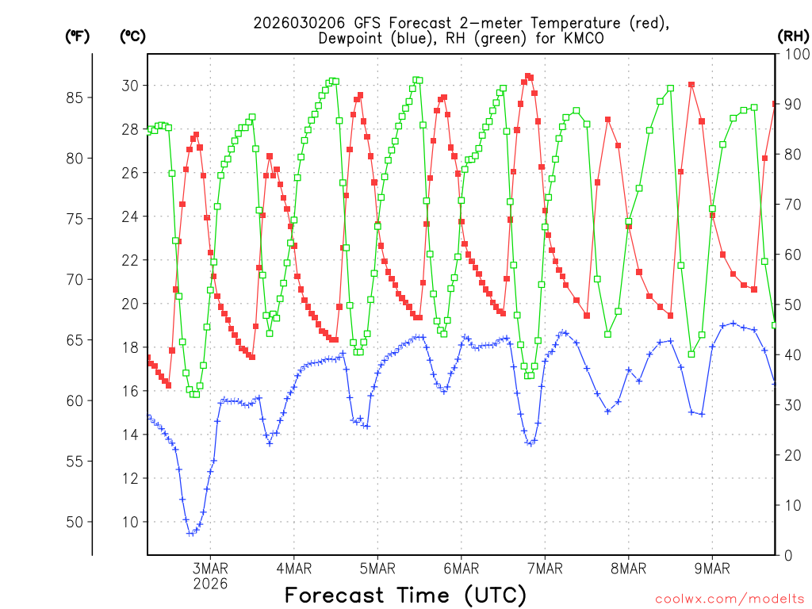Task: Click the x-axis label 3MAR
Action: point(210,568)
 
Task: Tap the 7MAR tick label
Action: point(545,568)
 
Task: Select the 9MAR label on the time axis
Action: point(712,568)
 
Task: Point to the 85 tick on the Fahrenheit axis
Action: point(78,98)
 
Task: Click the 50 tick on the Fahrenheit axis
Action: point(78,522)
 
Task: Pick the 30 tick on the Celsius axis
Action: point(129,86)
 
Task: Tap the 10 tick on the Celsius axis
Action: point(129,522)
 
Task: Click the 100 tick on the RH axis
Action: point(794,54)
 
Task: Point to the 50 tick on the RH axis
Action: point(791,304)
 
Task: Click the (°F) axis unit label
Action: point(78,36)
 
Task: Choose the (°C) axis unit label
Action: point(132,36)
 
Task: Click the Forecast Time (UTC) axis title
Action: point(405,595)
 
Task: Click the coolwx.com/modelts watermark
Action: point(730,599)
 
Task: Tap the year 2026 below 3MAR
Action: point(210,583)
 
